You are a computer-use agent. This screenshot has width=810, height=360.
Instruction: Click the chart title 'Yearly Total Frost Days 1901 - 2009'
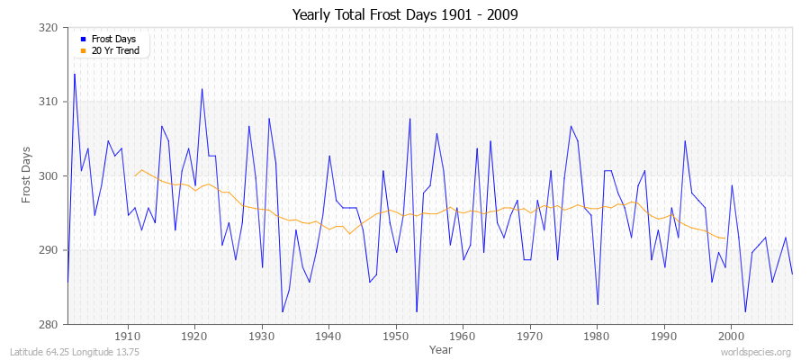(405, 15)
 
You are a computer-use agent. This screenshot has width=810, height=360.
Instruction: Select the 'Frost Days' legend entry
(112, 40)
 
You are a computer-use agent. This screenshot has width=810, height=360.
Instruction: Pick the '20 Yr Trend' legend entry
(115, 50)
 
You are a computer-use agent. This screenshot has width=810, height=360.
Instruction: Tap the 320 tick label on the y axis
(50, 28)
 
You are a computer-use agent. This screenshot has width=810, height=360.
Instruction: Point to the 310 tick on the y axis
(50, 102)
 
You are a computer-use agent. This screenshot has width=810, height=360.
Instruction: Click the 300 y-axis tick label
(50, 175)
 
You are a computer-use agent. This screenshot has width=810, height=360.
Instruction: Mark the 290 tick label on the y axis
(50, 250)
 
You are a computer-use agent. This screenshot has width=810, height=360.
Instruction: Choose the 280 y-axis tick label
(50, 324)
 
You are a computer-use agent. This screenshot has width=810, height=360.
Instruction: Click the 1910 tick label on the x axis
(128, 336)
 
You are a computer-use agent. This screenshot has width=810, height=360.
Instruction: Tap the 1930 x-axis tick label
(262, 336)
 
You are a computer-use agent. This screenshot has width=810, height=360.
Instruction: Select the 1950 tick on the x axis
(396, 336)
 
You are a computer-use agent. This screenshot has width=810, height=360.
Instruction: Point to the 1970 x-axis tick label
(530, 336)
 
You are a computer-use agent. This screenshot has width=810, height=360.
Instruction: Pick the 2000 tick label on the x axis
(732, 336)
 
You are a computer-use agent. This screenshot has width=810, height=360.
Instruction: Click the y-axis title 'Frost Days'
(27, 175)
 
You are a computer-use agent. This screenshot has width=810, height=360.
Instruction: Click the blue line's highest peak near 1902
(74, 74)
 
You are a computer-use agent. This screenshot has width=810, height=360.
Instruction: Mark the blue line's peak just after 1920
(202, 88)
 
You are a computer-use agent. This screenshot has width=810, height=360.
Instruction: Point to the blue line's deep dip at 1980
(598, 304)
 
